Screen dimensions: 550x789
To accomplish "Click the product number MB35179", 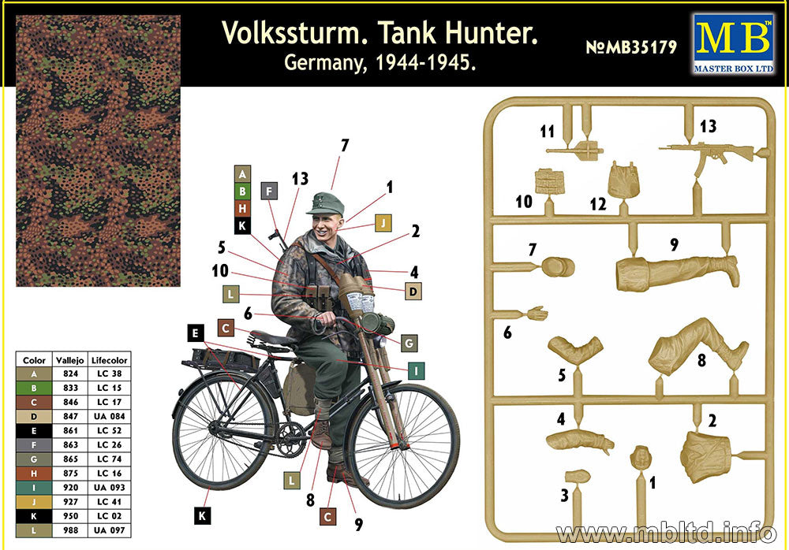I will [631, 47].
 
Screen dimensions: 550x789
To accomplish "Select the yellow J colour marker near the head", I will [383, 222].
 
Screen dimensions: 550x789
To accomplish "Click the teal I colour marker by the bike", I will [417, 368].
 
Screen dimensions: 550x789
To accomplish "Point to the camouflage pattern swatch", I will [98, 150].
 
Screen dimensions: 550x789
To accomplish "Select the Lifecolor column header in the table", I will [109, 359].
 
